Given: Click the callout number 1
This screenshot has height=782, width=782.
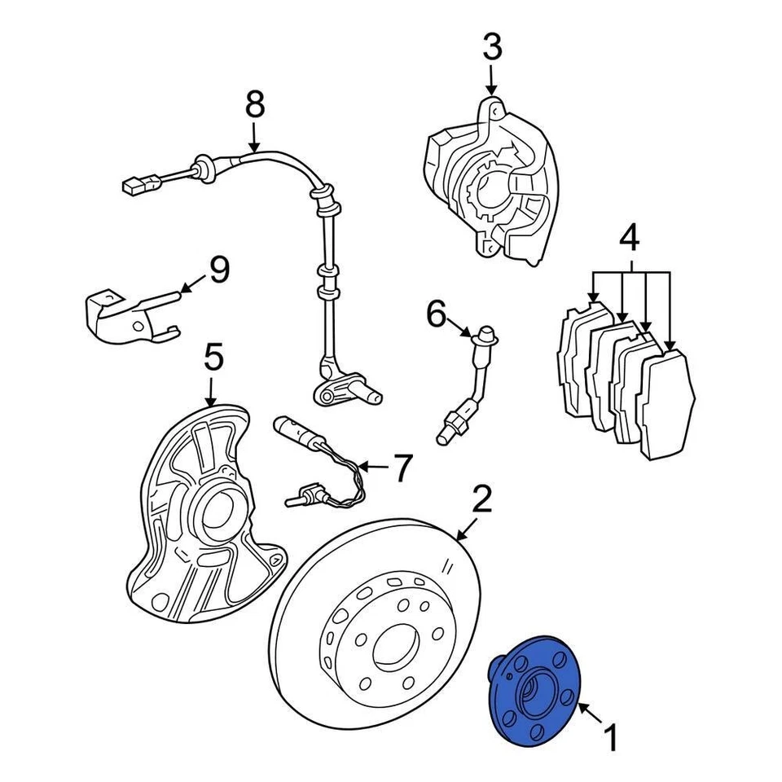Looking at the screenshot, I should click(x=610, y=740).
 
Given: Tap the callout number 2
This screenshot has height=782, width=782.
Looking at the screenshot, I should click(x=482, y=499).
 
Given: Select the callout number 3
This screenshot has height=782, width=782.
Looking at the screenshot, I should click(x=491, y=48).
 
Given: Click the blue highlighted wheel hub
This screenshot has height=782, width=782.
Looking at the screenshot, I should click(x=529, y=696).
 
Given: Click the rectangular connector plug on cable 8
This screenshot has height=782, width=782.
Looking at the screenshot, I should click(x=133, y=186).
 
